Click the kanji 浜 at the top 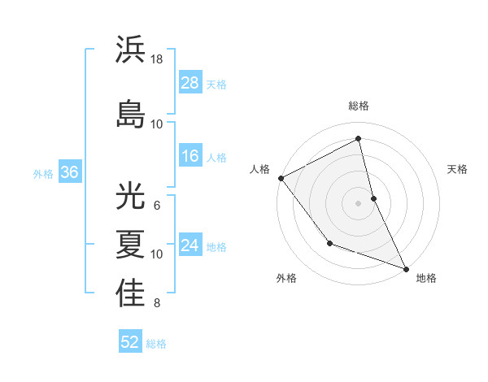click(x=131, y=50)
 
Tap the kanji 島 click(x=131, y=113)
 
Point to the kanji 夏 click(x=131, y=244)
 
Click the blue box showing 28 click(x=190, y=83)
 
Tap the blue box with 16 click(x=190, y=156)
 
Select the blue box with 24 click(x=190, y=245)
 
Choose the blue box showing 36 click(x=69, y=172)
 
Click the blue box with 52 click(x=130, y=342)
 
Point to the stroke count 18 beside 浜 click(x=157, y=59)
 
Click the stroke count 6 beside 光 click(x=157, y=205)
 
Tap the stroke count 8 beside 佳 click(x=157, y=304)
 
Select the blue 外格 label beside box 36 click(x=43, y=173)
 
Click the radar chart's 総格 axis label click(x=359, y=106)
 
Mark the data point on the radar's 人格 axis click(x=281, y=178)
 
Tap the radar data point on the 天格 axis click(x=373, y=198)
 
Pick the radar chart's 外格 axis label click(x=286, y=278)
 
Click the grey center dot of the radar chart click(x=359, y=202)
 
